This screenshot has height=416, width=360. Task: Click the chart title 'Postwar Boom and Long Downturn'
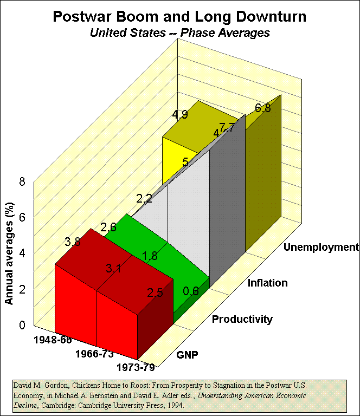[179, 16]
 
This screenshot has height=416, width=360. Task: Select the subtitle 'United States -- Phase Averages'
[179, 32]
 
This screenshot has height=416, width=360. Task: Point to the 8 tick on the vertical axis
[22, 182]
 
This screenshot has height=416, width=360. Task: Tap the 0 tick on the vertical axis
[22, 325]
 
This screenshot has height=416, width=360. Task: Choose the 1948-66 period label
[52, 340]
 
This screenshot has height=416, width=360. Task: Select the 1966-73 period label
[93, 354]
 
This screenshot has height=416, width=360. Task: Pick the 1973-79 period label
[136, 368]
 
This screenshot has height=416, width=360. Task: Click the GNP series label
[187, 355]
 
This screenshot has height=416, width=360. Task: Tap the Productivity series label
[242, 319]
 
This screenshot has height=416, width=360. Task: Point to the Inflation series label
[267, 283]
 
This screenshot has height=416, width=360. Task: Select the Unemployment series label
[322, 247]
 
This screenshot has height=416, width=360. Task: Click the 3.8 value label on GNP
[73, 242]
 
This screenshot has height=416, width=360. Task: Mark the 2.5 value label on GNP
[155, 293]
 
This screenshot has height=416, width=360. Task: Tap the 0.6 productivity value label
[191, 291]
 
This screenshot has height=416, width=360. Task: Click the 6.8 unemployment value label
[263, 108]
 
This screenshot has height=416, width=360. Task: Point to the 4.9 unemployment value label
[180, 115]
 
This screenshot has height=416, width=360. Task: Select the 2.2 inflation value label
[144, 199]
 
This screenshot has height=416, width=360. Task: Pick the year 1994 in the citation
[176, 405]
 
